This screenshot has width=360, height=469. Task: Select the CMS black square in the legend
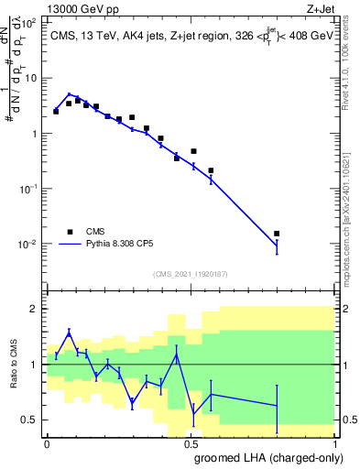(x=70, y=231)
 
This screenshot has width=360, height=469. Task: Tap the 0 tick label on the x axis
(x=47, y=443)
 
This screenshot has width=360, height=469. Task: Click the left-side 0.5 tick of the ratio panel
(x=33, y=420)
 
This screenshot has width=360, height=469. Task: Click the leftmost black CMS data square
(x=56, y=111)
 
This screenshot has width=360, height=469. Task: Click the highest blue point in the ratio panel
(x=70, y=332)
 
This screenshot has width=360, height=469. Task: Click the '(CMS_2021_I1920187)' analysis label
(x=191, y=274)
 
